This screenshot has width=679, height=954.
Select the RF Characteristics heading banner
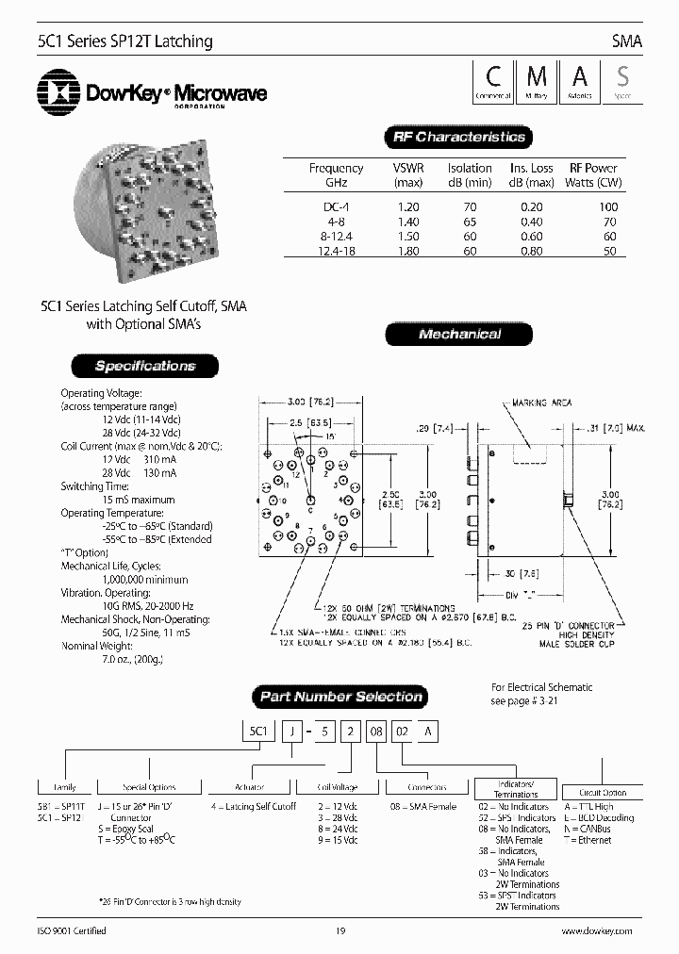point(457,138)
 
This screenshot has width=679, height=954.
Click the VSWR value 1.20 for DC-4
point(408,206)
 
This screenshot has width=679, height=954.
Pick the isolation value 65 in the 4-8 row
point(470,222)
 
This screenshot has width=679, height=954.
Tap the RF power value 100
point(608,206)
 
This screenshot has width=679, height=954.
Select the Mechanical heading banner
point(459,335)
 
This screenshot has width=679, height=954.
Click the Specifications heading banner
point(144,366)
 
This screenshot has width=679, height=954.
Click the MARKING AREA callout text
point(541,403)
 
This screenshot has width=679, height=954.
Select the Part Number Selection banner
point(340,698)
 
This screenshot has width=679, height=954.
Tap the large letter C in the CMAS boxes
point(492,76)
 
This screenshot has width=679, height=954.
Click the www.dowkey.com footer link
point(597,931)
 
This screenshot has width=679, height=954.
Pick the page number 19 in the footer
point(340,931)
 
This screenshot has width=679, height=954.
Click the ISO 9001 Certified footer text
point(72,931)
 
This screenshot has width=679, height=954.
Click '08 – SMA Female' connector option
point(422,806)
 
